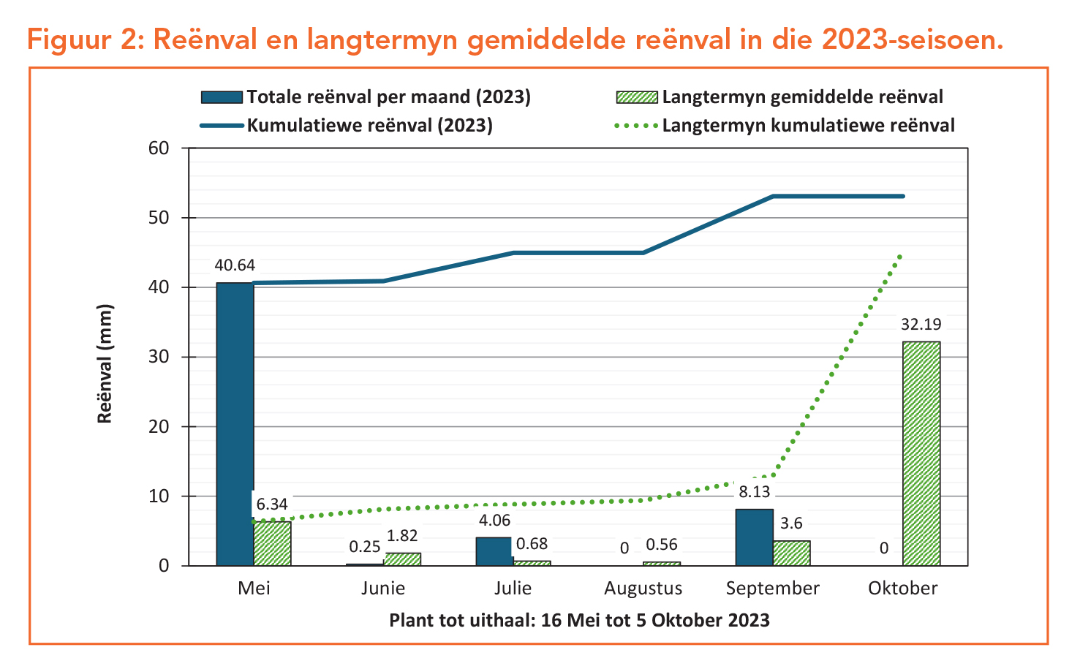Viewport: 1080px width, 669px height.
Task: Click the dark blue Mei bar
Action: [235, 424]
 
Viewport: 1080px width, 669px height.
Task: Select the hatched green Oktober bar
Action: [921, 453]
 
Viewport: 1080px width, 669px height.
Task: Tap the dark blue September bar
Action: [754, 537]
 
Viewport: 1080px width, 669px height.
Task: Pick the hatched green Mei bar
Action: [272, 543]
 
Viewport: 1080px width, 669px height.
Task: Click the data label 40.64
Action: [235, 265]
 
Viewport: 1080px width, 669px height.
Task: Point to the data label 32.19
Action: [921, 325]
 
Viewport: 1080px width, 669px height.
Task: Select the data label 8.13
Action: [754, 492]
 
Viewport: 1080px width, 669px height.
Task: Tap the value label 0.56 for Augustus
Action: [662, 545]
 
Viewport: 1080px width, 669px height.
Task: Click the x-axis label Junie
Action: [383, 589]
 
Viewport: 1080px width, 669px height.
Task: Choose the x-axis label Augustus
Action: [643, 589]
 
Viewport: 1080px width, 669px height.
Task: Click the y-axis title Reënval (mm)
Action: [105, 363]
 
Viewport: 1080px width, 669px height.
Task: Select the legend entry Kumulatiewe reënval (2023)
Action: [369, 126]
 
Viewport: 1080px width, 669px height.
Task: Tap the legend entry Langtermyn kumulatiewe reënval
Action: [808, 126]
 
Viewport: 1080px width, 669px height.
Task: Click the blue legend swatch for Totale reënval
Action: [221, 97]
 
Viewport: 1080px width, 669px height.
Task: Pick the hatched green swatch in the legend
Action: [637, 97]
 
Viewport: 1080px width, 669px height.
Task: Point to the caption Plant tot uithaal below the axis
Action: [579, 621]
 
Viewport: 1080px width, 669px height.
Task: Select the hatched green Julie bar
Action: [532, 563]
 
